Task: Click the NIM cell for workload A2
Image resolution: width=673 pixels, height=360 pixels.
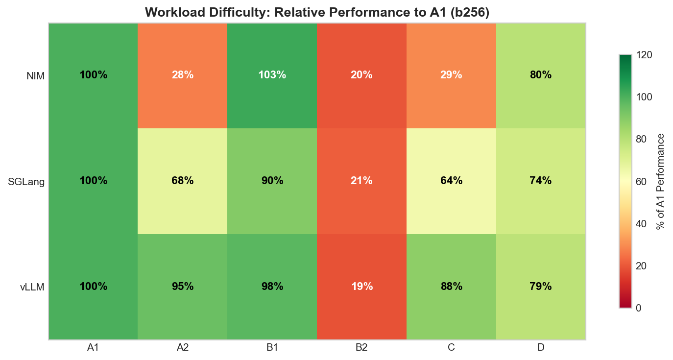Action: pyautogui.click(x=183, y=75)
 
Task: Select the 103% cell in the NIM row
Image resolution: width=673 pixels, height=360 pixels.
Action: pyautogui.click(x=272, y=75)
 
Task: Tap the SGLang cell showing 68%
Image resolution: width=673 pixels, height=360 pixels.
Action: pyautogui.click(x=183, y=181)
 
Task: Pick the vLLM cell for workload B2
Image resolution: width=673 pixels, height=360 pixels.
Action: pyautogui.click(x=361, y=287)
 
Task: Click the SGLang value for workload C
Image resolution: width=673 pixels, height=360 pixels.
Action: pyautogui.click(x=451, y=181)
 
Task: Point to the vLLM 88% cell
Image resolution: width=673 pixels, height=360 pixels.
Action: pyautogui.click(x=451, y=287)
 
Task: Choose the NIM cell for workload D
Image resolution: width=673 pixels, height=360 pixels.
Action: pyautogui.click(x=541, y=75)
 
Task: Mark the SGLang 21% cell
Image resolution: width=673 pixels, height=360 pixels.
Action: pyautogui.click(x=361, y=181)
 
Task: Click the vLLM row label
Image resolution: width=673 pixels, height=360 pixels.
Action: pyautogui.click(x=32, y=287)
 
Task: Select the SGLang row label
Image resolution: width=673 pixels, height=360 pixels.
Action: pyautogui.click(x=26, y=182)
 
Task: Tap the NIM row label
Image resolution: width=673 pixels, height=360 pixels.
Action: pyautogui.click(x=35, y=76)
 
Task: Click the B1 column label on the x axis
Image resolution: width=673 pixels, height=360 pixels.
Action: pyautogui.click(x=272, y=348)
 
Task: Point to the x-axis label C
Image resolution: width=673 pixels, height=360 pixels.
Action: pyautogui.click(x=451, y=348)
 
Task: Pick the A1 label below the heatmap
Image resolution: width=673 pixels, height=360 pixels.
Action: pyautogui.click(x=93, y=348)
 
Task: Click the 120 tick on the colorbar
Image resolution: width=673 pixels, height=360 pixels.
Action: pyautogui.click(x=644, y=55)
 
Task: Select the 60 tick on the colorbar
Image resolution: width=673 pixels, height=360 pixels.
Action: pyautogui.click(x=642, y=182)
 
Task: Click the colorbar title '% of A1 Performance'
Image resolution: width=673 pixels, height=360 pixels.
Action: pyautogui.click(x=661, y=181)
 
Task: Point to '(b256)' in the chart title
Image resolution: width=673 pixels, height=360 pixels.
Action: pyautogui.click(x=470, y=12)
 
